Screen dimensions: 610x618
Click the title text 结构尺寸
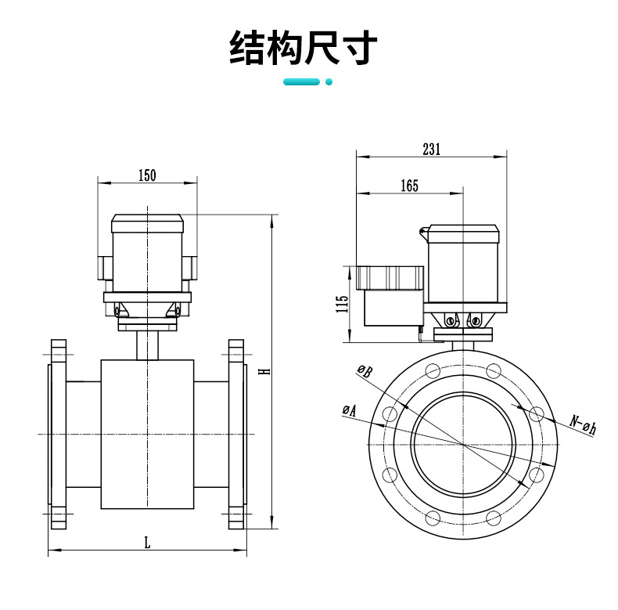(x=304, y=48)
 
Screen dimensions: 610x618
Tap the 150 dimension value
(x=147, y=175)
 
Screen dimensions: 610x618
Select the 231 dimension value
(x=431, y=150)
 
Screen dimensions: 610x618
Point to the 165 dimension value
(x=409, y=186)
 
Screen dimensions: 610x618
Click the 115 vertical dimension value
(x=342, y=304)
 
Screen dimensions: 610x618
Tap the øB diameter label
(x=365, y=371)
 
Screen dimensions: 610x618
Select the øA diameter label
(x=349, y=410)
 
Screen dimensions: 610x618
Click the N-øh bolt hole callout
(x=583, y=424)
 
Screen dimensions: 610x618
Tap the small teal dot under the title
(x=329, y=81)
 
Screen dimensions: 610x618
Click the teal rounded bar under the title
(x=301, y=81)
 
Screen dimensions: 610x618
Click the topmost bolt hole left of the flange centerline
(x=431, y=371)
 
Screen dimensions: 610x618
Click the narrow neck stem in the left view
(x=147, y=345)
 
